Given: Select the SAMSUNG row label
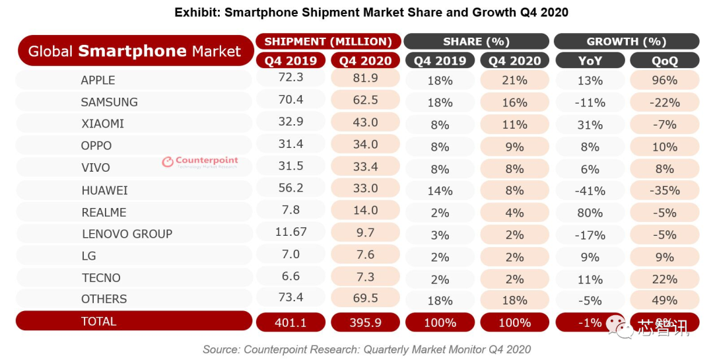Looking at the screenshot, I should click(109, 102).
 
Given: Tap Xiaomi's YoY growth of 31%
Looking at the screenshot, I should click(590, 125).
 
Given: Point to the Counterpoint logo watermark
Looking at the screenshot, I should click(200, 162).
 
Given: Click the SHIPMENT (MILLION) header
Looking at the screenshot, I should click(328, 42).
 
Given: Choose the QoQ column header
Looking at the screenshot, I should click(664, 61).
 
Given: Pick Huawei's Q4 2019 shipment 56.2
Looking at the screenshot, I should click(290, 188).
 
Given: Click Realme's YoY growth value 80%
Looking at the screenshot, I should click(590, 213).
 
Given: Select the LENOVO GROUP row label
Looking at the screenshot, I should click(127, 234).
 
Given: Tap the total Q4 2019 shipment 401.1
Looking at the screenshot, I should click(290, 322).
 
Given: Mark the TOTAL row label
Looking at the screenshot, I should click(98, 322).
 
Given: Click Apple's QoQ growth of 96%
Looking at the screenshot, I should click(664, 81).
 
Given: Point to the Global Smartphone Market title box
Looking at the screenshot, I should click(135, 51).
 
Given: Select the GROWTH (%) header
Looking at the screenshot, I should click(626, 42).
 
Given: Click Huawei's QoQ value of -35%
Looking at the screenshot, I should click(664, 191).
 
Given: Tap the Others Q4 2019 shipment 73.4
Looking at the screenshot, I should click(290, 299).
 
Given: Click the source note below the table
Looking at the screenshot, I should click(366, 349).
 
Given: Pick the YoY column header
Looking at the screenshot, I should click(590, 61).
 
